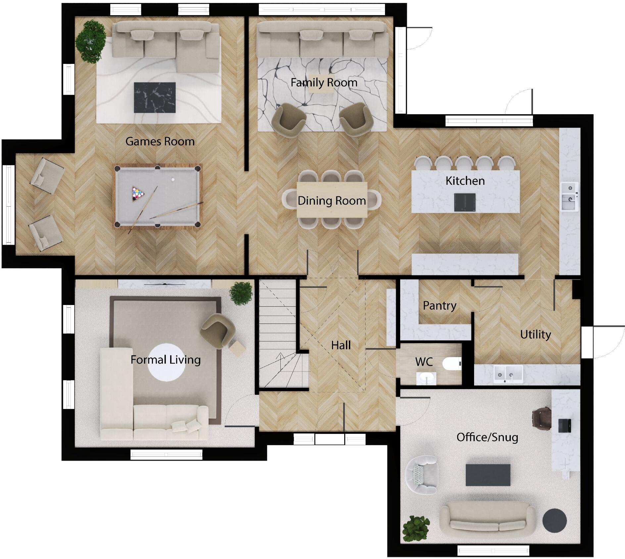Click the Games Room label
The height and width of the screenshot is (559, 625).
160,141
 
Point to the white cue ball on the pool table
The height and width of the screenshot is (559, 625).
173,180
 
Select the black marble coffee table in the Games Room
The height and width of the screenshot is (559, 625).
154,97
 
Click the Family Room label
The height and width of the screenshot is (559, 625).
324,82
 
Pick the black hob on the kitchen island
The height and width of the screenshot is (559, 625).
465,202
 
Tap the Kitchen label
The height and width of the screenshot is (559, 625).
465,181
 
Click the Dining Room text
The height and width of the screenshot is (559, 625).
331,201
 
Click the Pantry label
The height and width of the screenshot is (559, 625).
439,305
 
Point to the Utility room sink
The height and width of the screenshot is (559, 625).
508,374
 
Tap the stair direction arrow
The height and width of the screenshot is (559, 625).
281,358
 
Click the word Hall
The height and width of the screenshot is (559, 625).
341,345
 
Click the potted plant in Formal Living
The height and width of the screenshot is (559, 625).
241,293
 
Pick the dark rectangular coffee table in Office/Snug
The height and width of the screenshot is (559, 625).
488,475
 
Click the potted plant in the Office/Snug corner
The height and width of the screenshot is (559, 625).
415,529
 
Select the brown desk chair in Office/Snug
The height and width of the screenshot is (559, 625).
541,418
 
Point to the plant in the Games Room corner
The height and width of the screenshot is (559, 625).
90,41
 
